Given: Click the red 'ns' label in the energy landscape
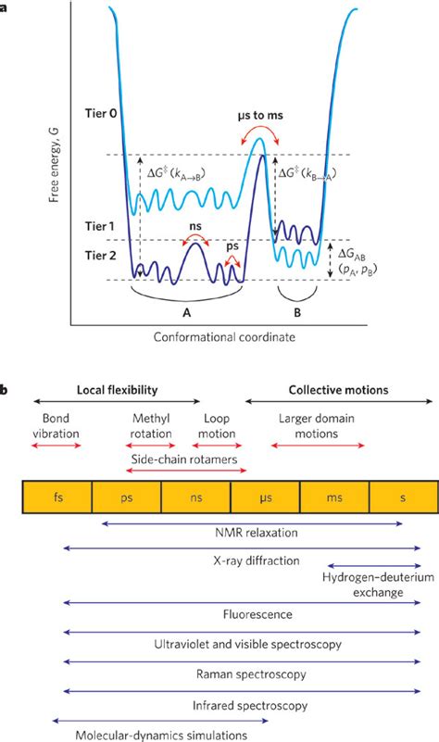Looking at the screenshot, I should click(x=194, y=225).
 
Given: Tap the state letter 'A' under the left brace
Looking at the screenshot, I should click(x=186, y=312).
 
